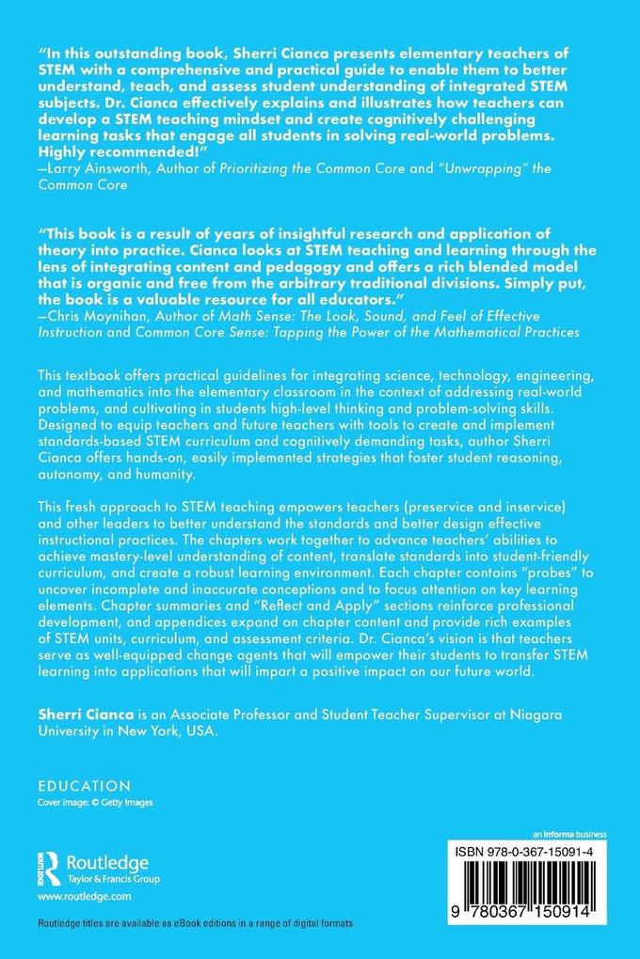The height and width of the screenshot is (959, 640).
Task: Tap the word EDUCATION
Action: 84,785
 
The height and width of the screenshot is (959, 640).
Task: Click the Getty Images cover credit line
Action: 95,802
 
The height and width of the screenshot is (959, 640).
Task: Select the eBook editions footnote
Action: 196,925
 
